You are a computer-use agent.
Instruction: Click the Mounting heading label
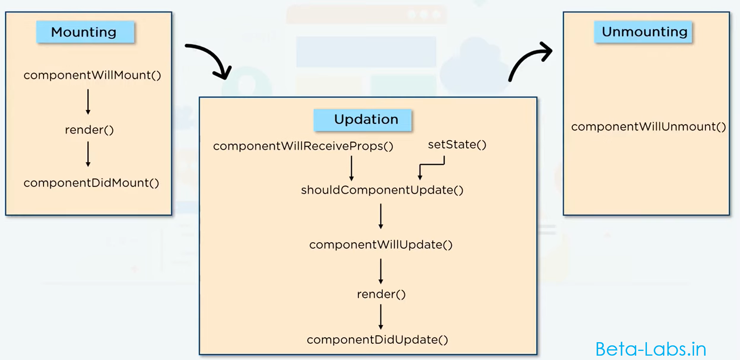coord(84,32)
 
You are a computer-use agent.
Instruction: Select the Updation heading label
coord(366,120)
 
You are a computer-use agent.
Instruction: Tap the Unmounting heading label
coord(644,32)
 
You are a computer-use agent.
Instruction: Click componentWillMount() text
coord(92,75)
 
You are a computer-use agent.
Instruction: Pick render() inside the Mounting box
coord(90,130)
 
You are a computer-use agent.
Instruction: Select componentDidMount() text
coord(92,183)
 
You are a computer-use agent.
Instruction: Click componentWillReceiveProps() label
coord(303,146)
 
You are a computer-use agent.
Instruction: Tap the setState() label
coord(457,145)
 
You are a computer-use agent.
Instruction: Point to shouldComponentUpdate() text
coord(382,190)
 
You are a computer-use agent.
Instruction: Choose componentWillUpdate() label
coord(381,245)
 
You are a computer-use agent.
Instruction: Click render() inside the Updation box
coord(381,294)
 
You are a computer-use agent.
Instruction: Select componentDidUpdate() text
coord(377,340)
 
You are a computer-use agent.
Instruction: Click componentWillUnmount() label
coord(648,127)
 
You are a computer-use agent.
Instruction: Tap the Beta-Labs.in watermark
coord(650,349)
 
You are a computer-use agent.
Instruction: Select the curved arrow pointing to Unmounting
coord(527,59)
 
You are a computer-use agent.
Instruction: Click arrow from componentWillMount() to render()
coord(88,102)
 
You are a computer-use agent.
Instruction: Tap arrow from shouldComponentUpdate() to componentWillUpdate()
coord(381,216)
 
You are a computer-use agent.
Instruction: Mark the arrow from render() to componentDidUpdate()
coord(381,317)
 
